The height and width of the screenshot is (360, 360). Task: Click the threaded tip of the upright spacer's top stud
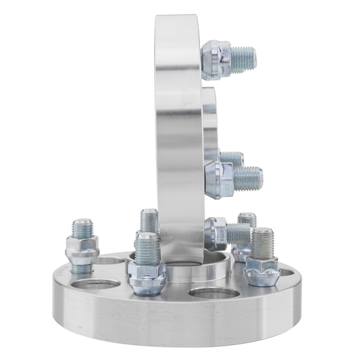(x=243, y=59)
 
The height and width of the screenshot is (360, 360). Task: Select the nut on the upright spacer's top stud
(x=215, y=59)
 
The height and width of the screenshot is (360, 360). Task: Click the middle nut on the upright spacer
(x=219, y=179)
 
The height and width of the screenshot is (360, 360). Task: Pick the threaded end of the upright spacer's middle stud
(x=248, y=179)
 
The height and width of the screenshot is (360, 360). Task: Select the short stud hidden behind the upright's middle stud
(x=232, y=159)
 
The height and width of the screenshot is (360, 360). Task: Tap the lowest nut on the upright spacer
(x=216, y=233)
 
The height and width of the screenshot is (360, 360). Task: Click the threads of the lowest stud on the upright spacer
(x=239, y=234)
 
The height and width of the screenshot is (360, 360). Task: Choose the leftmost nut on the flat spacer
(x=82, y=250)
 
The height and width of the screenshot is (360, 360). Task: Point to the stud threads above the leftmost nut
(x=82, y=228)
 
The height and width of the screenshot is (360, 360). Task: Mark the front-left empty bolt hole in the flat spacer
(x=95, y=284)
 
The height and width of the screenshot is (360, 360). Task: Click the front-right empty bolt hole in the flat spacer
(x=213, y=292)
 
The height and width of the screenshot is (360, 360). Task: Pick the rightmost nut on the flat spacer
(x=261, y=270)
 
